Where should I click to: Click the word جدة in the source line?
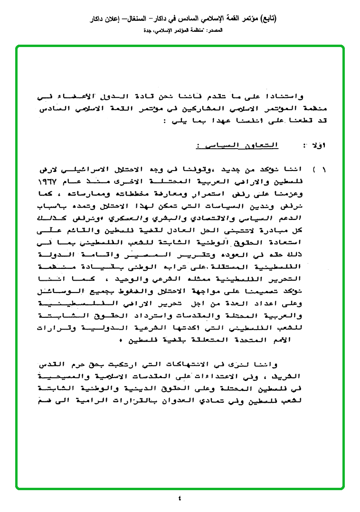point(147,30)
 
